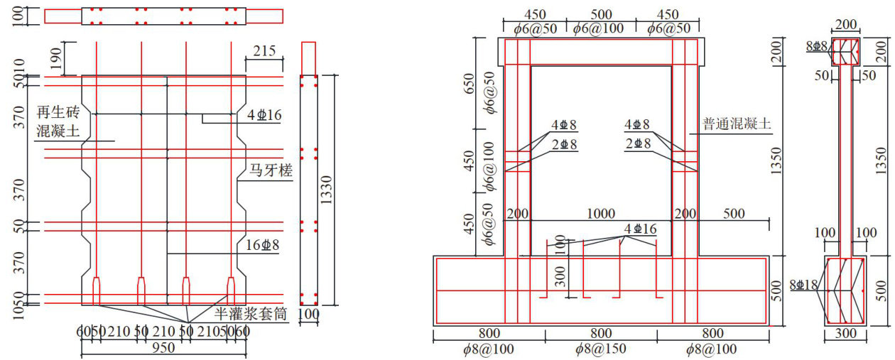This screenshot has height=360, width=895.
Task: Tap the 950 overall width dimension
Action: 163,347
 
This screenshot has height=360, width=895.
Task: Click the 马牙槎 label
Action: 270,171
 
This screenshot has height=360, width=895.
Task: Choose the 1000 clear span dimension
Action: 602,213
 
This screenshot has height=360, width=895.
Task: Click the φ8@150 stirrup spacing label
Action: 601,349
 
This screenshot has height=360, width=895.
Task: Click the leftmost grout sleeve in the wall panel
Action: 97,289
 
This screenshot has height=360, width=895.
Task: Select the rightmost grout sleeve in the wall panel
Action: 232,289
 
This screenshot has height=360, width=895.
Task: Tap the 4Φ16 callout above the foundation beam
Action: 640,229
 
